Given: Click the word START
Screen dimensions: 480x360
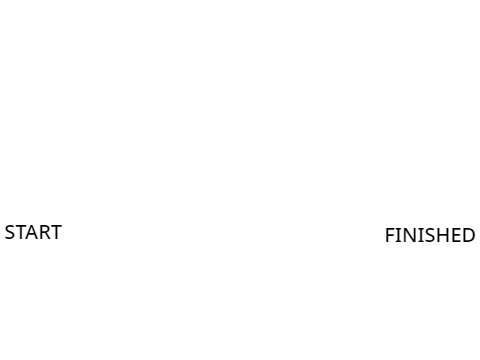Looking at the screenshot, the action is point(33,232).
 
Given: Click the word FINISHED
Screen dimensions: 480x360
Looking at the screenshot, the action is point(430,235).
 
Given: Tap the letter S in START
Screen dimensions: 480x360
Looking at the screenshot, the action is point(10,232).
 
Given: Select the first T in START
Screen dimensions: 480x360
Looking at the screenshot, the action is point(21,232).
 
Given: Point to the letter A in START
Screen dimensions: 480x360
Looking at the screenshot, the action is point(33,232).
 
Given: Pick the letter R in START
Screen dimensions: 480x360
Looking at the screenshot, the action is point(45,232).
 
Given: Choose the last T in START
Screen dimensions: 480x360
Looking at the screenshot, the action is point(56,232).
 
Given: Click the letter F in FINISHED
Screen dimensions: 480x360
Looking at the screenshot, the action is point(390,235).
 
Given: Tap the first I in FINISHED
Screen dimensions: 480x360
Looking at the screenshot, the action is point(398,235).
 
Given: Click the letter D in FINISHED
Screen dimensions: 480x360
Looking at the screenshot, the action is point(469,235).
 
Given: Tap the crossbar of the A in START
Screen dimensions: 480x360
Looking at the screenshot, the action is point(33,235).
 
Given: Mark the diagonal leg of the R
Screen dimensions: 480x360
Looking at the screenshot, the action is point(48,236).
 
